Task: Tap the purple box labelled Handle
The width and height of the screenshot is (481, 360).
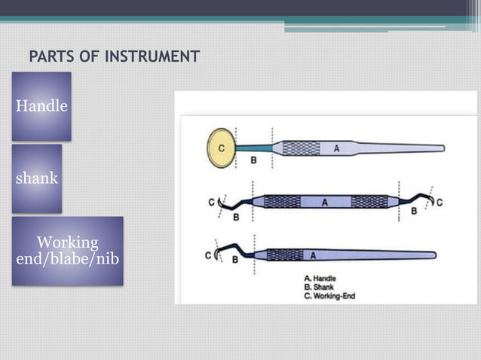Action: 41,106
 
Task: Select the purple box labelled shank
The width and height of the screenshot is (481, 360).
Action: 37,179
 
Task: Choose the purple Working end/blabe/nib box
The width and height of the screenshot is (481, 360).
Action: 67,251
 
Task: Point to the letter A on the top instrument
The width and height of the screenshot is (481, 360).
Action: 335,148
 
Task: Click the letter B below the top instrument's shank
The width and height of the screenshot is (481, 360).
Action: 253,160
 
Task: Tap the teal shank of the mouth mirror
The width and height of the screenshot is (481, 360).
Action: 255,148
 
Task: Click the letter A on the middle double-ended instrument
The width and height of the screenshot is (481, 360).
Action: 325,202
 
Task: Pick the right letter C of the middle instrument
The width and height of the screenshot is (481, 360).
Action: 439,202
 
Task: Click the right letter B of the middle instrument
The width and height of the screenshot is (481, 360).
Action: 413,212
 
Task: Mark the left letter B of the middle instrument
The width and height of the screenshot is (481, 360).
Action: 236,217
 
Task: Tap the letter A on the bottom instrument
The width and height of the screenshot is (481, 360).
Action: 311,255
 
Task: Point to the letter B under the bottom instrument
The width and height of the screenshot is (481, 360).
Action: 235,260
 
